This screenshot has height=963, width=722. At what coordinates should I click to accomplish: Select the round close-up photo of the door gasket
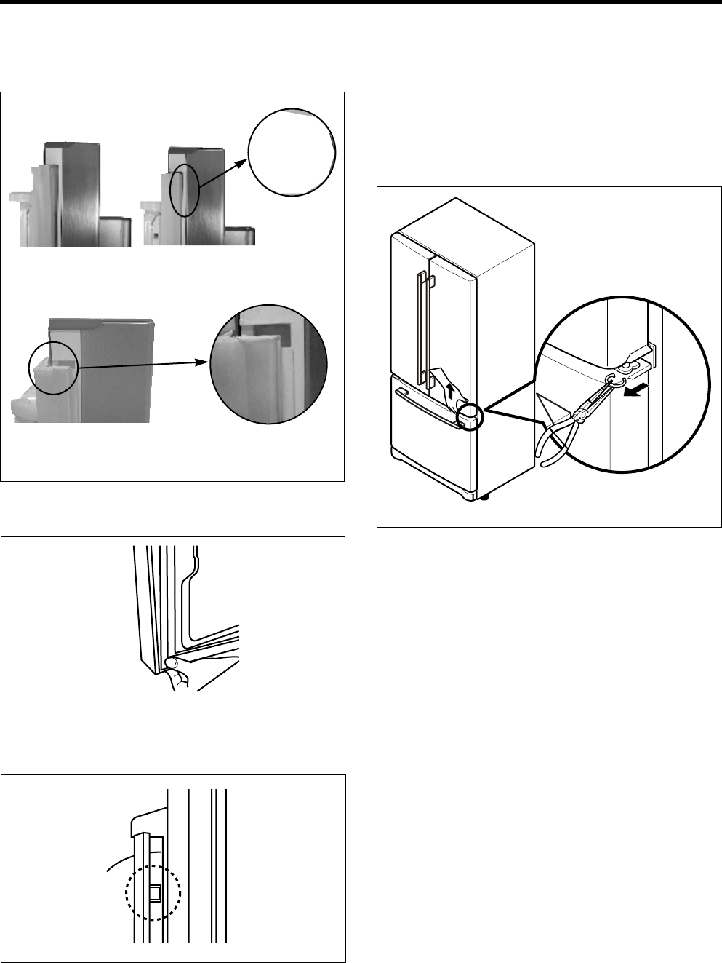click(x=268, y=364)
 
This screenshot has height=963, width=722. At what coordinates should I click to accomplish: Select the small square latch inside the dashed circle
click(x=155, y=892)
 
